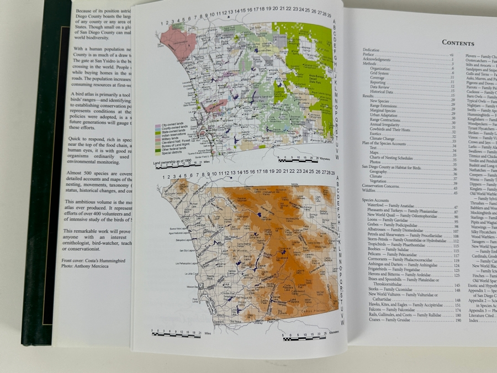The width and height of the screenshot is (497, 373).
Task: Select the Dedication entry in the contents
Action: pyautogui.click(x=371, y=50)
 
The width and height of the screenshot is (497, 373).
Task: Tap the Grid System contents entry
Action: pyautogui.click(x=380, y=73)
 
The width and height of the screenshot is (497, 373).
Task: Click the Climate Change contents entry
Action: pyautogui.click(x=383, y=139)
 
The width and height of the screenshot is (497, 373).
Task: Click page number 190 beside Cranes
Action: pyautogui.click(x=458, y=321)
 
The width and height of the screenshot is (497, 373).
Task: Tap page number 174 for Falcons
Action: pyautogui.click(x=458, y=310)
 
